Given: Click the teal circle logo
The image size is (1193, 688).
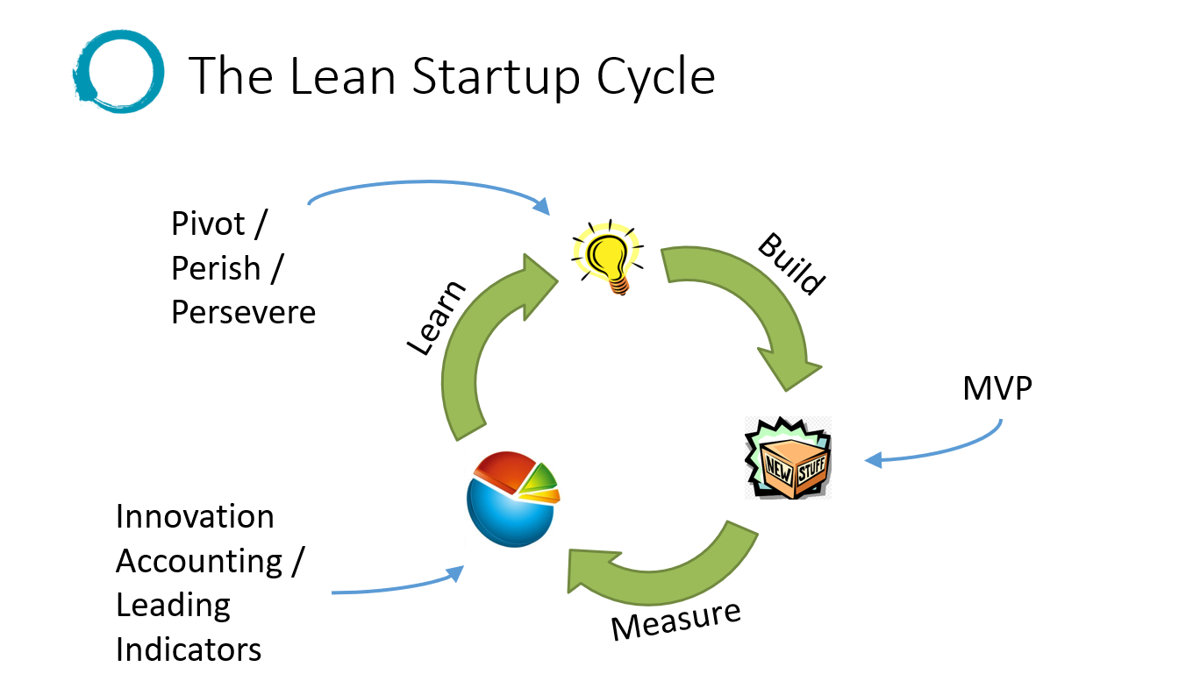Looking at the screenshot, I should (118, 70).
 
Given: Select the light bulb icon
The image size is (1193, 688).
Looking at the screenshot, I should (606, 258).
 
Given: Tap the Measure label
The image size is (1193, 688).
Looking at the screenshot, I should (675, 619).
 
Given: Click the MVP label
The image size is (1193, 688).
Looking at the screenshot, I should (997, 388).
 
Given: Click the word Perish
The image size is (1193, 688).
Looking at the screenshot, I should (216, 268).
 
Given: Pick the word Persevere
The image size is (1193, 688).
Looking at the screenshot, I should (243, 312).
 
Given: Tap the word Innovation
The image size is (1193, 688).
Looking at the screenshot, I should (195, 517).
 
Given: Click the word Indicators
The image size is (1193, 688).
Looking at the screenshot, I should (189, 649).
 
